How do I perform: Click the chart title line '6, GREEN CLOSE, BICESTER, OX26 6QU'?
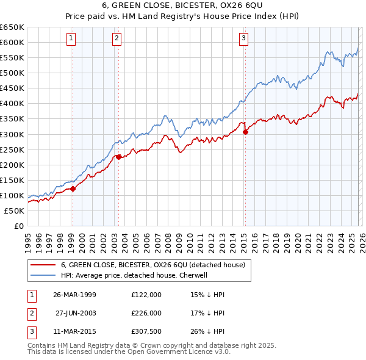click(183, 7)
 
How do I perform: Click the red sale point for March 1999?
click(73, 189)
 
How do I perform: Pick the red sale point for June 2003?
click(118, 157)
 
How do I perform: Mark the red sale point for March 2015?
click(245, 131)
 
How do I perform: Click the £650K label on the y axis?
click(12, 27)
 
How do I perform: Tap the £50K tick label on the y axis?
click(14, 211)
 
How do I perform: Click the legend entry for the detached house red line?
click(152, 265)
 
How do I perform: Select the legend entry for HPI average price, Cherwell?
click(134, 275)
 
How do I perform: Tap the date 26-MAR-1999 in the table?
click(74, 295)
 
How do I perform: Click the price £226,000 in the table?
click(146, 313)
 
